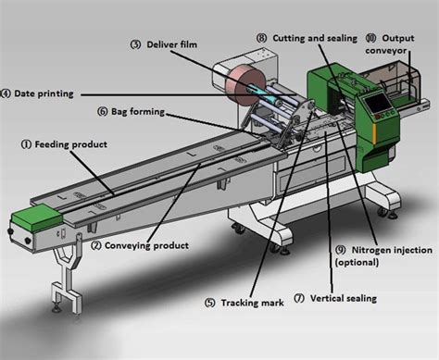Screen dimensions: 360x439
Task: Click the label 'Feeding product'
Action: click(70, 143)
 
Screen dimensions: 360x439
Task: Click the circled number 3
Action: click(134, 43)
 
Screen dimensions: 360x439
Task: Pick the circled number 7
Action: click(298, 298)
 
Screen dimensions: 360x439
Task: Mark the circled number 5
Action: click(209, 302)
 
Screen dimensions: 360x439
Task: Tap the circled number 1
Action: click(26, 143)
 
